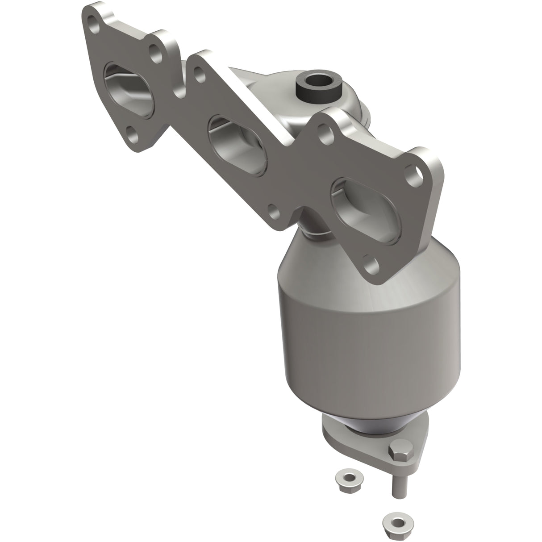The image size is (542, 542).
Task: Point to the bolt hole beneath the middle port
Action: tap(273, 209)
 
